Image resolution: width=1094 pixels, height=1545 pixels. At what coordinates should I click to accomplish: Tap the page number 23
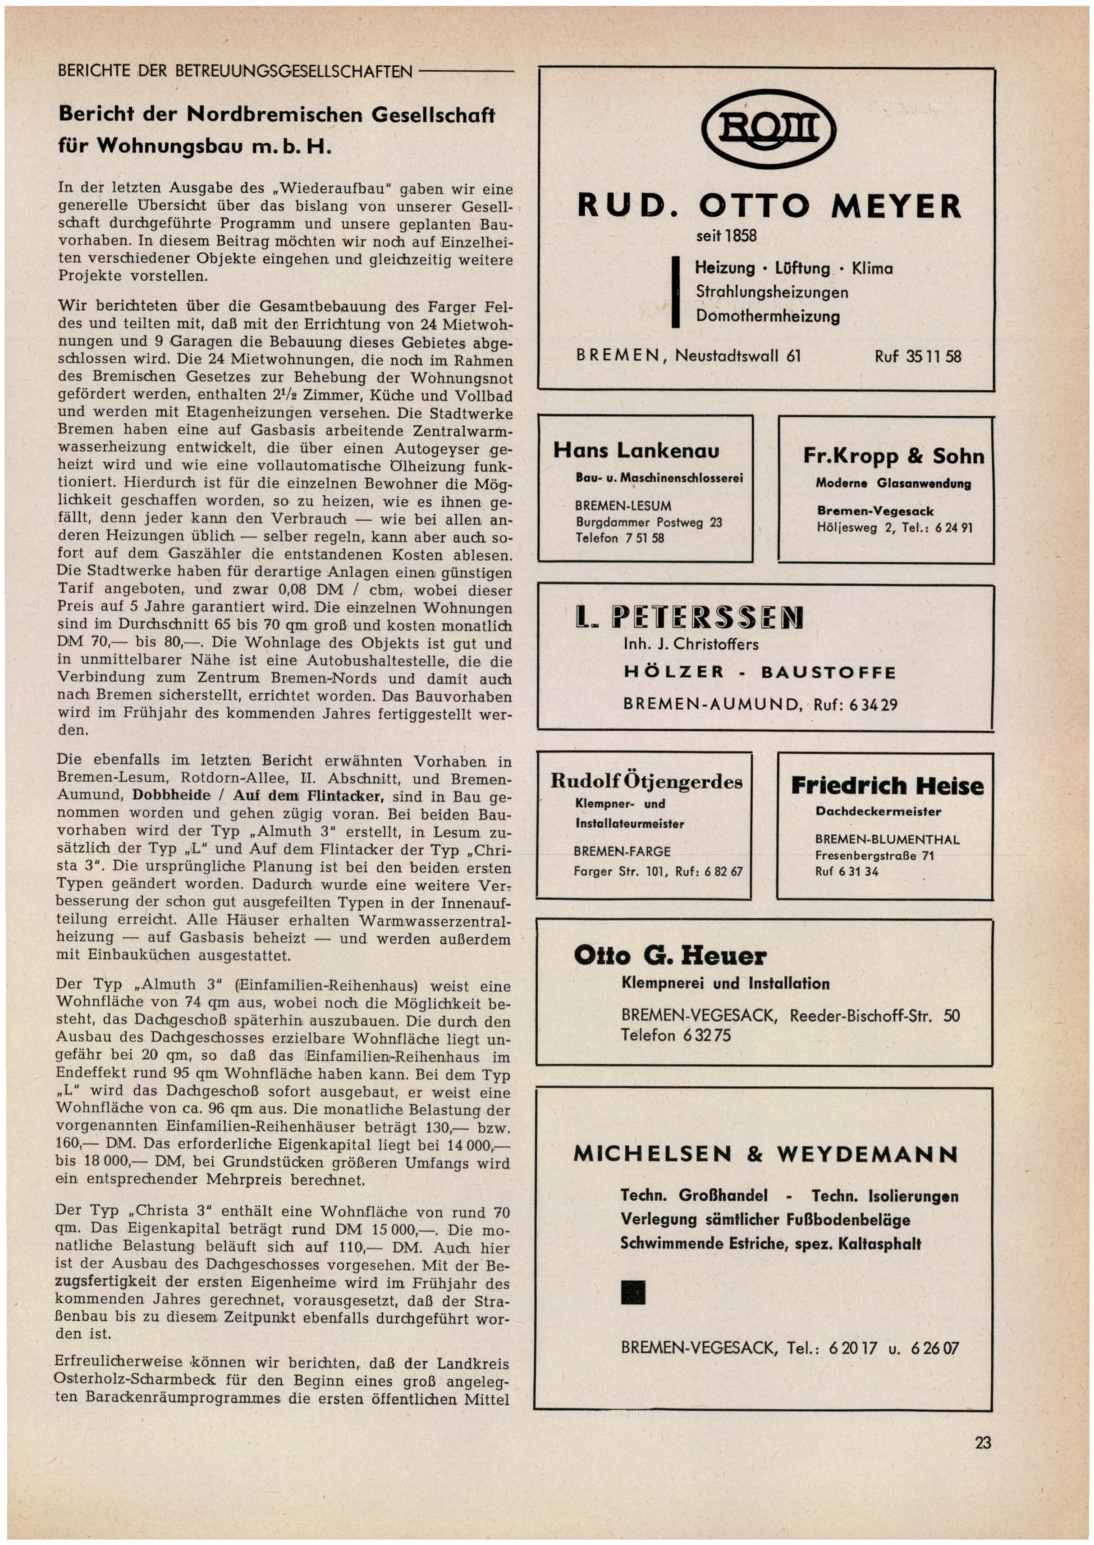(982, 1443)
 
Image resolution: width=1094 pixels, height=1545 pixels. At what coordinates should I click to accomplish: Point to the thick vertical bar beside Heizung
(675, 292)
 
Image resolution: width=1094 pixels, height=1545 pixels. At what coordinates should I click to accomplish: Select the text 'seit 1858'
(726, 236)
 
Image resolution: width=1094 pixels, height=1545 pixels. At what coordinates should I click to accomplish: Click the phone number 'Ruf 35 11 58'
(917, 356)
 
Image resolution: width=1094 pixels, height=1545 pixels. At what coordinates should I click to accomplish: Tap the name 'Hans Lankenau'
(636, 451)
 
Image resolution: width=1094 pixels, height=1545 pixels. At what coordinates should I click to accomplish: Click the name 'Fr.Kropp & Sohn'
(893, 456)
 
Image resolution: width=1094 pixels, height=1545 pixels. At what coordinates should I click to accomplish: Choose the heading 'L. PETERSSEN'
(690, 617)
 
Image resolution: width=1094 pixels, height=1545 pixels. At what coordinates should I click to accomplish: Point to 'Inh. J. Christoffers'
(691, 644)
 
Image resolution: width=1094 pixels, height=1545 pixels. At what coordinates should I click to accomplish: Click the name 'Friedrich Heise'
(887, 786)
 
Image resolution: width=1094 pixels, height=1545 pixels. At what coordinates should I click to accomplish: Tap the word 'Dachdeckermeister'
(878, 811)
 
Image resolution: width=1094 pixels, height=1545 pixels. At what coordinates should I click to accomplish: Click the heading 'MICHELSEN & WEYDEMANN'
(765, 1154)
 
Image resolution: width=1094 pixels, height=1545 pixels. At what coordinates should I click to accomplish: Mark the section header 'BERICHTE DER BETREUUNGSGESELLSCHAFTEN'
(235, 71)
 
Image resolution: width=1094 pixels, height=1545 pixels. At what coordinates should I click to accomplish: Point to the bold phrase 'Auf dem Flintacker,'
(308, 796)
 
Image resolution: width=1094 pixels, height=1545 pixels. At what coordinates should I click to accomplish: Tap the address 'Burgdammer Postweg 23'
(648, 522)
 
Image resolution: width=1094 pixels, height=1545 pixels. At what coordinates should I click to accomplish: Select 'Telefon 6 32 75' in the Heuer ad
(676, 1035)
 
